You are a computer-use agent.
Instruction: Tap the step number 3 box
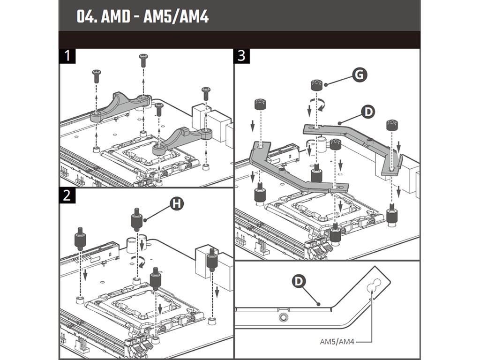(x=242, y=56)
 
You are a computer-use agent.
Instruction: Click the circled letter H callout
(x=176, y=203)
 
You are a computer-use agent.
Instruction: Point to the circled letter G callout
(x=360, y=75)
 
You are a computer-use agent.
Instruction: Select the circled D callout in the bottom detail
(x=299, y=281)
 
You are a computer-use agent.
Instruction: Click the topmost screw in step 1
(x=143, y=60)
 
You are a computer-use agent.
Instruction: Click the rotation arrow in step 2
(x=138, y=262)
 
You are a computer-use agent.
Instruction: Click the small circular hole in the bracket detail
(x=283, y=317)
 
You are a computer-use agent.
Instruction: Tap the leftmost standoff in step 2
(x=80, y=239)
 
